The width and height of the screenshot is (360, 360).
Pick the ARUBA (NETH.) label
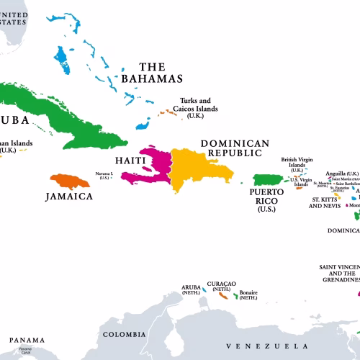[192, 291]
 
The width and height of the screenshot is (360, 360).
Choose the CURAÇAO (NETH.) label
[221, 286]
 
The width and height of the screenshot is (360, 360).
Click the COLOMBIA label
[124, 334]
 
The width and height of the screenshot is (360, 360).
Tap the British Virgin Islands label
[297, 164]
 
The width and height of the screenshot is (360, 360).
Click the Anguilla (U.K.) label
[342, 174]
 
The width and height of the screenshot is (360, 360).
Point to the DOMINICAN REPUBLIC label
[235, 148]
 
